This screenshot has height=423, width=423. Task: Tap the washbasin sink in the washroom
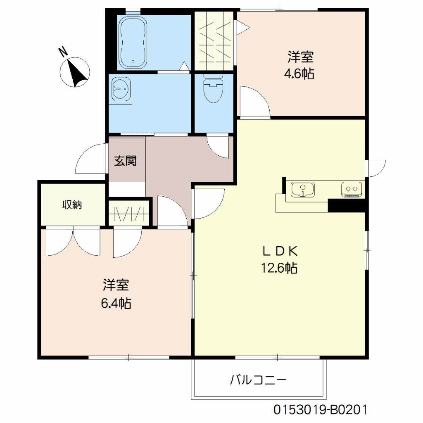[121, 88]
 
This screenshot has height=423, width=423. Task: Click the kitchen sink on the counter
[302, 190]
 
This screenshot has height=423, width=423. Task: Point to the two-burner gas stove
[352, 189]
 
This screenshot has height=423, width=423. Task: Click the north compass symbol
[75, 73]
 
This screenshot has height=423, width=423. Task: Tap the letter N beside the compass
[63, 52]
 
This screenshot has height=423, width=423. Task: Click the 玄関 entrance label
[125, 161]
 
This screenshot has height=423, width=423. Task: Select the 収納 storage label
[72, 204]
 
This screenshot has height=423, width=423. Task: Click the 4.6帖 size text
[298, 74]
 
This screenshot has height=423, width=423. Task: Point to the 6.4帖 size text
[116, 304]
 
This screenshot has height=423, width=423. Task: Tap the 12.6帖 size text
[279, 269]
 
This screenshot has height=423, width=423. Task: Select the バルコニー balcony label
[258, 379]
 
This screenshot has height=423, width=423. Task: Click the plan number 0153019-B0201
[320, 410]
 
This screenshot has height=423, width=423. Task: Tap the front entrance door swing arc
[90, 159]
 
